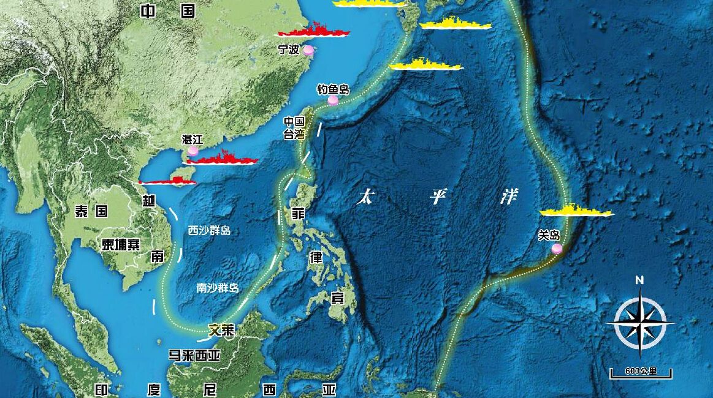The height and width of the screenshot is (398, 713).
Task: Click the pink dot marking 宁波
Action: pyautogui.click(x=309, y=50)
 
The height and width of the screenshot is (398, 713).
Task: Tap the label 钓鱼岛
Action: pyautogui.click(x=333, y=90)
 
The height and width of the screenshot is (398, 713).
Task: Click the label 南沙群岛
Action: pyautogui.click(x=218, y=287)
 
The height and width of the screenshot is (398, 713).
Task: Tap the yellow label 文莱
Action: pyautogui.click(x=221, y=329)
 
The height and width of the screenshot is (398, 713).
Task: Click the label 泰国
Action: pyautogui.click(x=91, y=211)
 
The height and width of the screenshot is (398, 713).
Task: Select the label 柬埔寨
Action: pyautogui.click(x=121, y=244)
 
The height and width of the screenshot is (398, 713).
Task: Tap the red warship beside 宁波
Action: pyautogui.click(x=313, y=30)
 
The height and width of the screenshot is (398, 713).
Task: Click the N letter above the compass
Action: pyautogui.click(x=639, y=280)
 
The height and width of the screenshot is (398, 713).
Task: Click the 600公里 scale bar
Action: pyautogui.click(x=641, y=372)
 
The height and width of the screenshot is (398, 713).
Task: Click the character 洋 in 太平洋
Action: pyautogui.click(x=508, y=197)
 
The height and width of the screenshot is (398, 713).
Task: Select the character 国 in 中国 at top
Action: pyautogui.click(x=188, y=10)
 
